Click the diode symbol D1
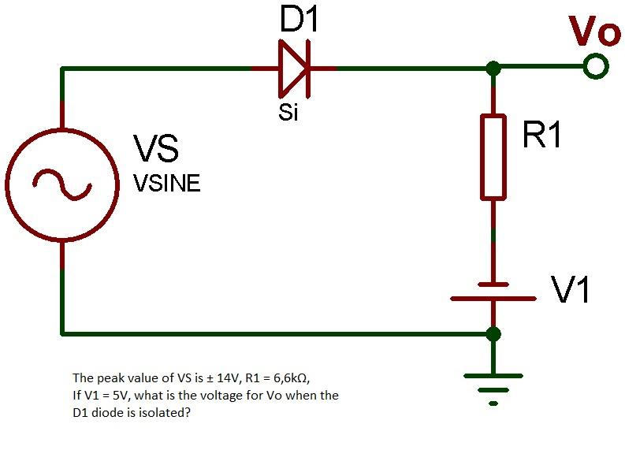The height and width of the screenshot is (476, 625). [x=294, y=69]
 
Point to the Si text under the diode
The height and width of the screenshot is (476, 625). [x=288, y=113]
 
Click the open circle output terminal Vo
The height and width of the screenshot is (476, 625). [x=597, y=68]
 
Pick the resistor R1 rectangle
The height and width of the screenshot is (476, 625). [x=493, y=156]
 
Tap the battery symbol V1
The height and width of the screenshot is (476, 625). [x=493, y=292]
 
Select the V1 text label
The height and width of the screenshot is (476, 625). [x=571, y=291]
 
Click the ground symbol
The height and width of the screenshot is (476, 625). [x=493, y=386]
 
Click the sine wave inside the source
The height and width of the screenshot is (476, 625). [x=61, y=183]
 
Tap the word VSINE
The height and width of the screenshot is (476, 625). [x=166, y=184]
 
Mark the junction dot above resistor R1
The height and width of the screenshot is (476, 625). [x=493, y=69]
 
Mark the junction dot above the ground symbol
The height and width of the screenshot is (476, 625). [x=493, y=333]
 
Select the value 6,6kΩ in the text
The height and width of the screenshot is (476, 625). [x=296, y=377]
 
